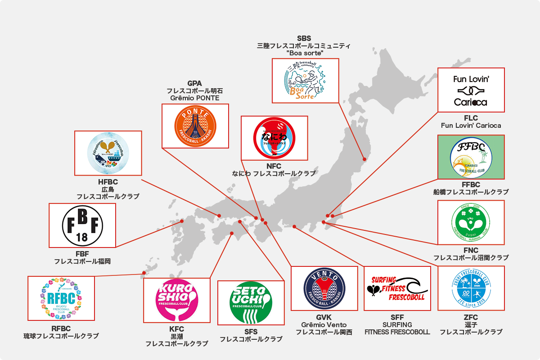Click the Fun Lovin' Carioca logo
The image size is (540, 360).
[x=471, y=90]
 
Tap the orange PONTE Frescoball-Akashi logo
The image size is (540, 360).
[x=195, y=126]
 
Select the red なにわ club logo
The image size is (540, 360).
[x=274, y=138]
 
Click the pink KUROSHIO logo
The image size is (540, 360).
[x=176, y=300]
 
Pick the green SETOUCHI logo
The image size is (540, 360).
[x=251, y=302]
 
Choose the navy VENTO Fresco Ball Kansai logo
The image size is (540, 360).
[x=324, y=288]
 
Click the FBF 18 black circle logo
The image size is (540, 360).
[x=82, y=225]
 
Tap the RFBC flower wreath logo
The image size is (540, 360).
[x=61, y=298]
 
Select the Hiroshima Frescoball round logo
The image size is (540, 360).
[x=108, y=153]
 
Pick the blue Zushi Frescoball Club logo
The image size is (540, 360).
[x=471, y=288]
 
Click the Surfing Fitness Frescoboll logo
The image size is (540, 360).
[x=397, y=288]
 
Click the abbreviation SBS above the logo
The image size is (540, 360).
[x=304, y=38]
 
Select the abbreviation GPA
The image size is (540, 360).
[x=194, y=84]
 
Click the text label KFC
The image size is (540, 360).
[x=176, y=329]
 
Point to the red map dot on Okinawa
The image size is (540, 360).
[x=144, y=272]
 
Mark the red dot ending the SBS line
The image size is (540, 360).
[x=364, y=159]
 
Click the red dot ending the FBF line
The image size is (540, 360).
[x=182, y=221]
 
